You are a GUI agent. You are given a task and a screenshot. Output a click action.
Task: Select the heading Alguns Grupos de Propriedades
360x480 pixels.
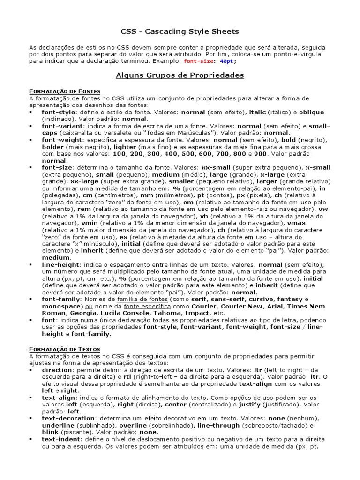click(x=180, y=75)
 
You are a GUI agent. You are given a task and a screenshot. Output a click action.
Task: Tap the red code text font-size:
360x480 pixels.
click(x=199, y=61)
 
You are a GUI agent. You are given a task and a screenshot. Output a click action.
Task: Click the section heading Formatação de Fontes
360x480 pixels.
click(x=65, y=91)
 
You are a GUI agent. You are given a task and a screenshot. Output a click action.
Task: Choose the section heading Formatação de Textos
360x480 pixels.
click(x=65, y=349)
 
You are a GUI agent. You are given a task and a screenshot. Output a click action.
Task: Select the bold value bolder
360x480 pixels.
click(x=52, y=147)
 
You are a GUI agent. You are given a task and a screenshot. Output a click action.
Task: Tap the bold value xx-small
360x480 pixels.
click(x=217, y=167)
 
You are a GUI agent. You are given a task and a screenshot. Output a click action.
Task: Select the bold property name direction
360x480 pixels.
click(x=57, y=370)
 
